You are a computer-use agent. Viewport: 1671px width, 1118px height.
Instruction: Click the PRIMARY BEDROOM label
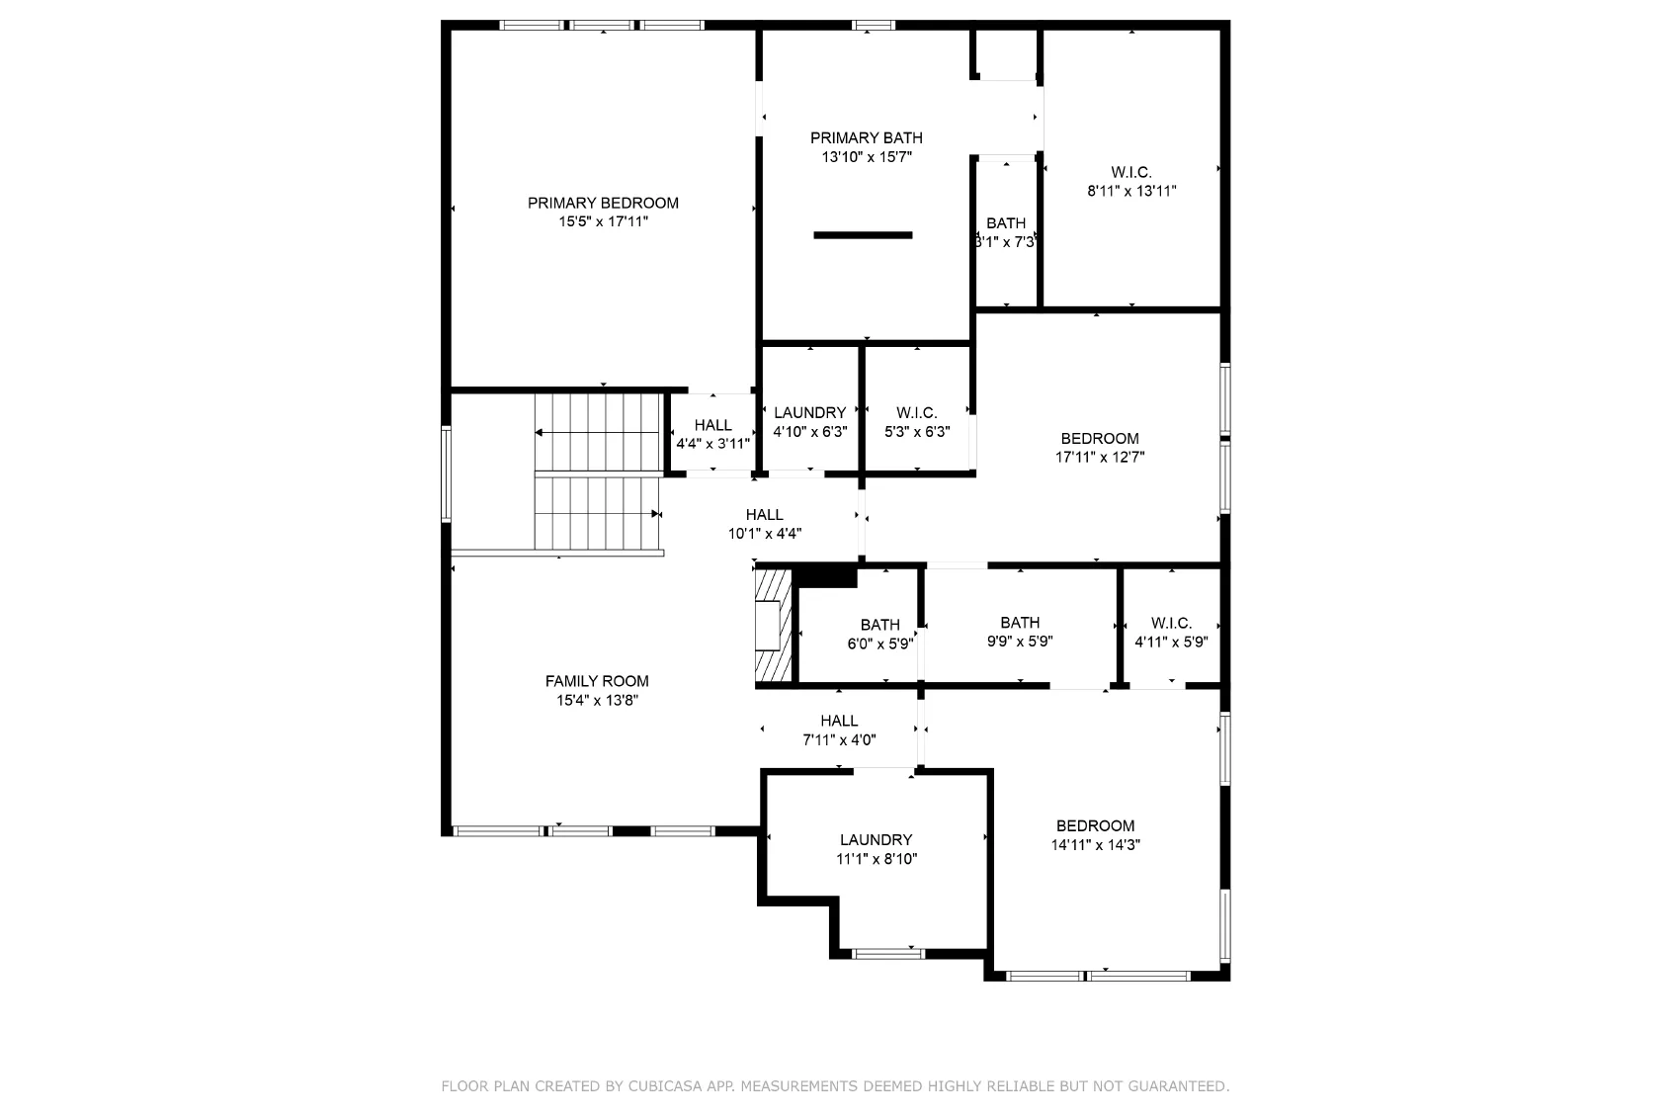(x=603, y=203)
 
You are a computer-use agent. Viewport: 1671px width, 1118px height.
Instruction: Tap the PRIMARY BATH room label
(x=866, y=138)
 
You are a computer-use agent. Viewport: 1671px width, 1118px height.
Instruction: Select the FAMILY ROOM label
(x=597, y=681)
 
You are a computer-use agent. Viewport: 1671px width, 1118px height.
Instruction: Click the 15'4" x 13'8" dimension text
(x=597, y=700)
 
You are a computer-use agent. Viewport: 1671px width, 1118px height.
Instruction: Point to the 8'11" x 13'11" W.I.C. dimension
(x=1131, y=191)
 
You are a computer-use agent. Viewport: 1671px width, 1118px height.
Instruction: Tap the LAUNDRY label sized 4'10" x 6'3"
(x=810, y=413)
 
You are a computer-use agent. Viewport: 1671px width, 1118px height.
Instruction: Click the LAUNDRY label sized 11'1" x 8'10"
(x=876, y=839)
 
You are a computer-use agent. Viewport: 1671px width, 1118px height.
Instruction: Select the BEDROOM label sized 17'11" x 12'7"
(x=1100, y=439)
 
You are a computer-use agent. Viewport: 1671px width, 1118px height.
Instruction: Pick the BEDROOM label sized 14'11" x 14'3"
(x=1095, y=826)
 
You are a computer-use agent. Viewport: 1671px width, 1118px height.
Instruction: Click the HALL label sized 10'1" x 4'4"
(x=765, y=515)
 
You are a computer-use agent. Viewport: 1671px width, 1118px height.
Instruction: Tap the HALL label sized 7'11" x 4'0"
(x=839, y=721)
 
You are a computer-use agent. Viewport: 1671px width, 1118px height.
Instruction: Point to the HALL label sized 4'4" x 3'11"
(x=713, y=425)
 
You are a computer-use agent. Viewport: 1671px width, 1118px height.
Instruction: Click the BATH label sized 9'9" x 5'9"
(x=1020, y=623)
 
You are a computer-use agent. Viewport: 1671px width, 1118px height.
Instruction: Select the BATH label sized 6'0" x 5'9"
(x=880, y=625)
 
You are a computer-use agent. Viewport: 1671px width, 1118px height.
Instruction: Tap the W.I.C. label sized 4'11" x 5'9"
(x=1171, y=623)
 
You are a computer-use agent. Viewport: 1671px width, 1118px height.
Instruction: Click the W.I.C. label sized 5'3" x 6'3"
(x=917, y=413)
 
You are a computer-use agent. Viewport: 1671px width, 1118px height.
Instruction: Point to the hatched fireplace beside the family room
(x=774, y=626)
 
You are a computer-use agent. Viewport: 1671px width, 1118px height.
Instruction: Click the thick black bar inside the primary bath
(x=863, y=235)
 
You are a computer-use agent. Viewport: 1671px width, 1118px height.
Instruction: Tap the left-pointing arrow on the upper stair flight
(x=598, y=433)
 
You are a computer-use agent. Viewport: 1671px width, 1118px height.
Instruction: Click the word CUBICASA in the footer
(x=665, y=1086)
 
